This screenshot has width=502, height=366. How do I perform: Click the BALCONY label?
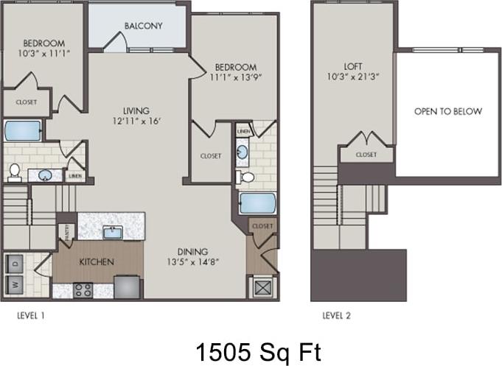pyautogui.click(x=143, y=26)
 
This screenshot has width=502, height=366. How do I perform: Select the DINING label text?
pyautogui.click(x=192, y=250)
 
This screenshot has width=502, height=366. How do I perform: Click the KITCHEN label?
pyautogui.click(x=97, y=261)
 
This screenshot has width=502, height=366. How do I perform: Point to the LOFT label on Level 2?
pyautogui.click(x=353, y=66)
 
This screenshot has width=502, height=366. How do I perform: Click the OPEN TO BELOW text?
pyautogui.click(x=447, y=111)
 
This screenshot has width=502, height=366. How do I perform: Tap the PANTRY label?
pyautogui.click(x=69, y=231)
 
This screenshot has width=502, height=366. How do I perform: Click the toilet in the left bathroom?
pyautogui.click(x=13, y=172)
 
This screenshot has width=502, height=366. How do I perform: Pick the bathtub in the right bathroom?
pyautogui.click(x=257, y=203)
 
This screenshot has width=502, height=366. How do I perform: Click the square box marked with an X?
pyautogui.click(x=262, y=287)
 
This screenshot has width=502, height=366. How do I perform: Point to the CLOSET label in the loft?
pyautogui.click(x=366, y=155)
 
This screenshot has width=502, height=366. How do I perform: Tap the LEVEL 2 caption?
pyautogui.click(x=336, y=315)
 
